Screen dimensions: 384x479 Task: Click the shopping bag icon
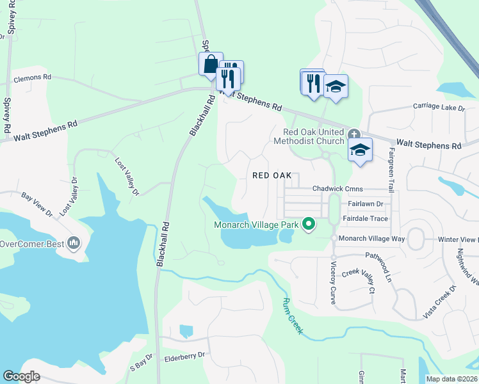211,65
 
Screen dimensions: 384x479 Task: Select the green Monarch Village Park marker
309,224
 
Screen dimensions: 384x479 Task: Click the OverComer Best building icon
74,243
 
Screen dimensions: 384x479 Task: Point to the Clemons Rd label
32,77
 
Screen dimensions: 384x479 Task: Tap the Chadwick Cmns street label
337,189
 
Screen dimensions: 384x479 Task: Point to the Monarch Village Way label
372,238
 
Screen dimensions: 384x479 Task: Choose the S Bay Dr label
142,363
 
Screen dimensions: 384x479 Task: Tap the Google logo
21,376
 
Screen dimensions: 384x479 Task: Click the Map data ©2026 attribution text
451,379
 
